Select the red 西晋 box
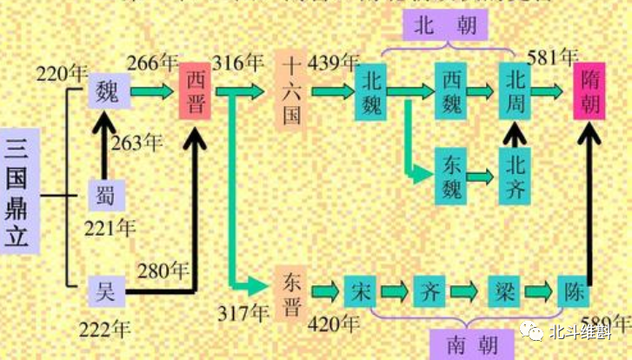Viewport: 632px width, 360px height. pos(195,91)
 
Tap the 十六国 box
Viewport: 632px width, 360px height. pos(292,90)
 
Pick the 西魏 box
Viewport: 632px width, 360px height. pos(451,90)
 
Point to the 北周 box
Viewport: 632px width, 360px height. pos(515,90)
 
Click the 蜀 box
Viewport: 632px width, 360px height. pos(106,195)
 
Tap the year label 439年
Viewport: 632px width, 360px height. pos(338,63)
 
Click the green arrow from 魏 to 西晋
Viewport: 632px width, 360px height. pos(153,91)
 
